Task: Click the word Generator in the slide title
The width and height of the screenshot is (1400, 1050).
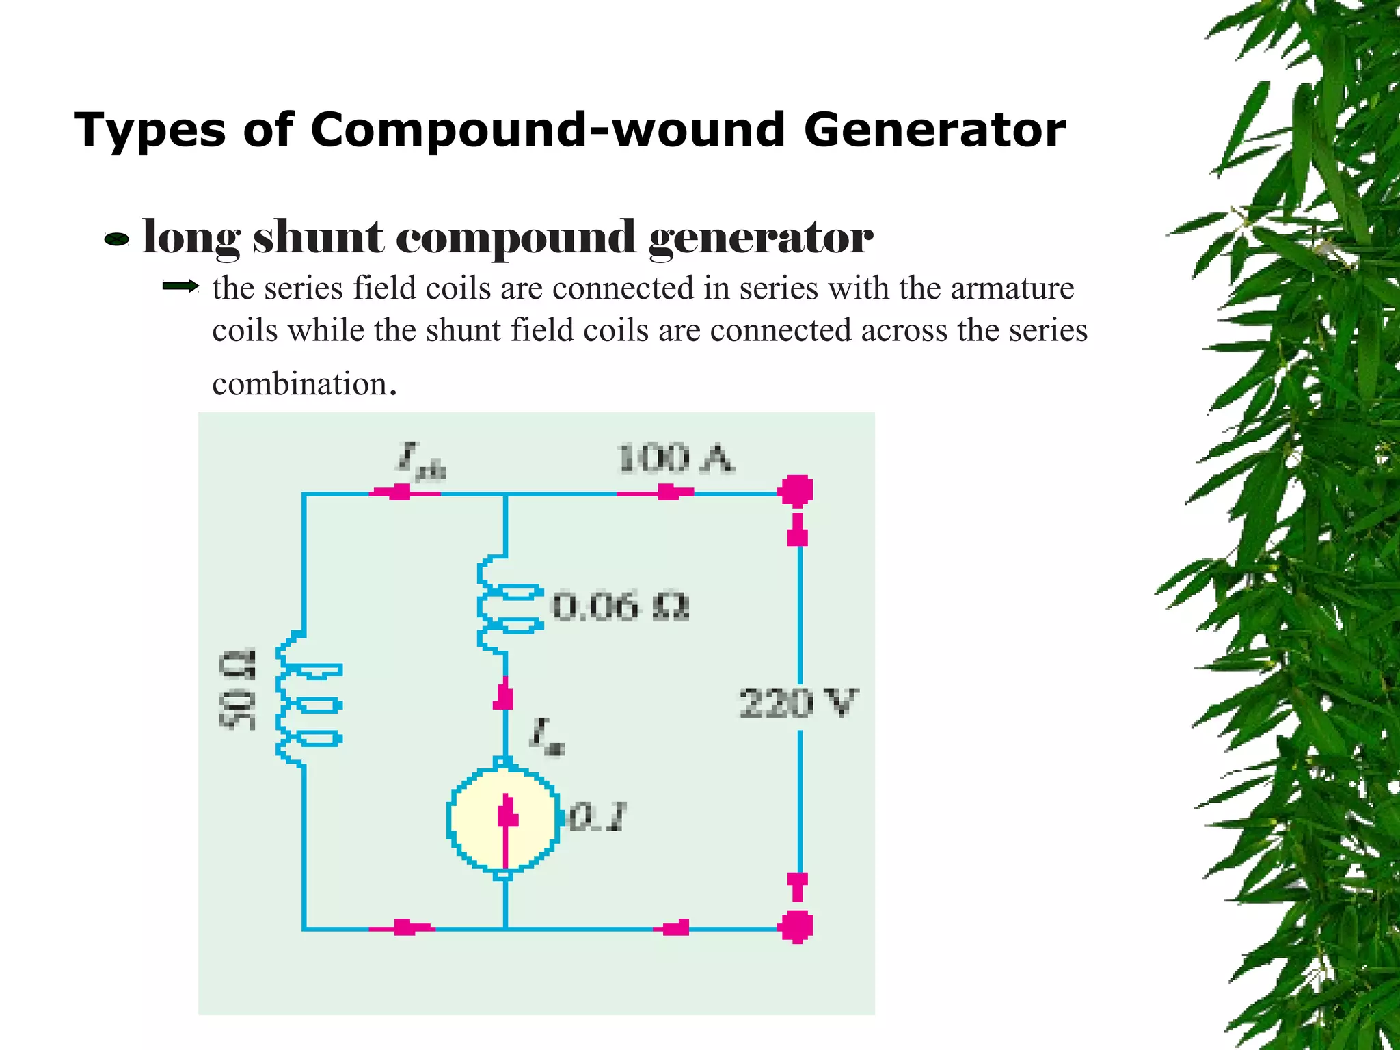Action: tap(934, 130)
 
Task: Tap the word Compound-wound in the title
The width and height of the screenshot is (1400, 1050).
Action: tap(547, 130)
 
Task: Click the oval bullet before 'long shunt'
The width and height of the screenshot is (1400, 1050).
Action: tap(116, 239)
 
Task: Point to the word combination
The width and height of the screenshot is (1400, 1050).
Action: tap(301, 383)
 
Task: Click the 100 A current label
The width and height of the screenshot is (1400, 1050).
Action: tap(675, 458)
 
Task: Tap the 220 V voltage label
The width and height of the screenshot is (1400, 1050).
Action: tap(797, 703)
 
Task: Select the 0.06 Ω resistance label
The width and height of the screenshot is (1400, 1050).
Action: tap(621, 606)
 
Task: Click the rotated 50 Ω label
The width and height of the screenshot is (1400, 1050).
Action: tap(237, 690)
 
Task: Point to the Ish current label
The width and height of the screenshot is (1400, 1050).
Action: tap(421, 461)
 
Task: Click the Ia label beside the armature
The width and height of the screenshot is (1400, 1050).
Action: tap(547, 737)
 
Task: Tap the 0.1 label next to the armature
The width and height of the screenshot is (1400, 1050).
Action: tap(597, 817)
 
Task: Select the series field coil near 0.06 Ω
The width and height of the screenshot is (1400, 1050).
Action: tap(506, 605)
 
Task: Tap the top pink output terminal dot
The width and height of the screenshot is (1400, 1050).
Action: tap(796, 490)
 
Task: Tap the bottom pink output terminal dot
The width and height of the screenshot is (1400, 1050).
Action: tap(796, 927)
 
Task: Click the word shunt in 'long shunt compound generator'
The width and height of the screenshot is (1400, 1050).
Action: tap(318, 238)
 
